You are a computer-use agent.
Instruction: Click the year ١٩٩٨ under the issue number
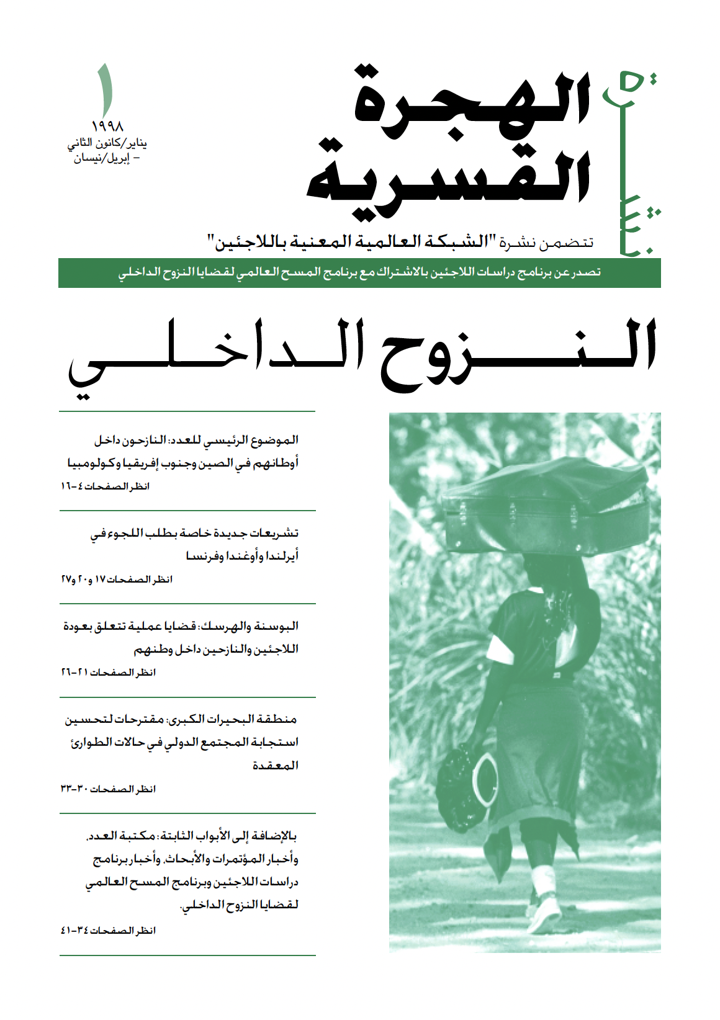coord(107,127)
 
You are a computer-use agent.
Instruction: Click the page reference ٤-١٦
coord(74,486)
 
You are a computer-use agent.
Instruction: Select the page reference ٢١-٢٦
coord(74,673)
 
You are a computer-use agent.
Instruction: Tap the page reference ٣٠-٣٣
coord(74,789)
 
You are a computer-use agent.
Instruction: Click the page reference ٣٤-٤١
coord(74,931)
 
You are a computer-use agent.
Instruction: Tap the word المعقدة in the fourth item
coord(275,766)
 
